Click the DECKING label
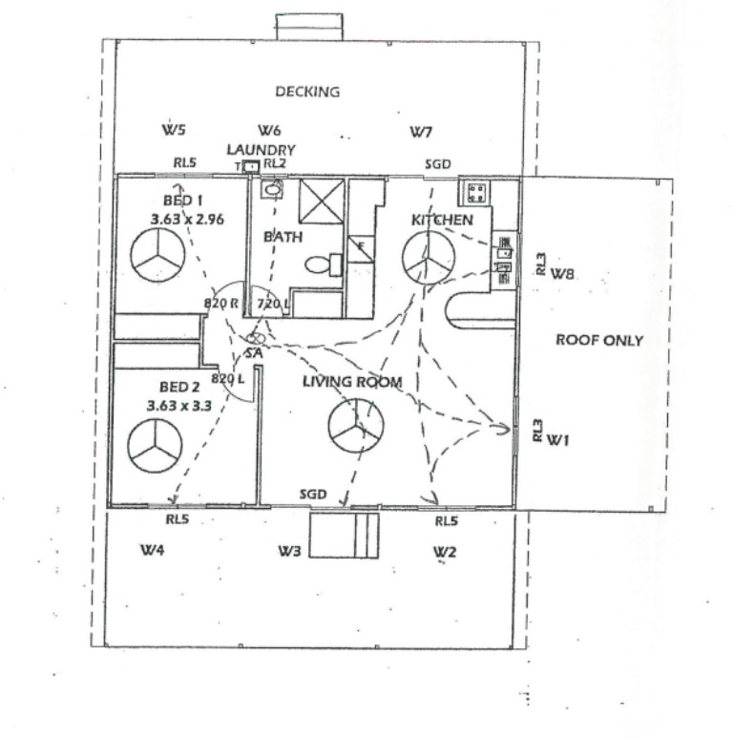point(307,92)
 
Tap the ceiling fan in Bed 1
point(157,255)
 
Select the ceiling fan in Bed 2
point(155,446)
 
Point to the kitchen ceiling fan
point(429,258)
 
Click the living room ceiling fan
point(356,425)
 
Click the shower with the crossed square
point(322,201)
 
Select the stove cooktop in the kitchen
point(476,193)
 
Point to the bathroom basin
point(272,190)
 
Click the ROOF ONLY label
point(599,340)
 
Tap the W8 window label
point(563,273)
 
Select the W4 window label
point(153,550)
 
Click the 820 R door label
point(220,303)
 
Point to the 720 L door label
point(273,304)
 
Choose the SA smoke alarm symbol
point(256,338)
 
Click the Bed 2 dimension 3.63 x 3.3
point(179,406)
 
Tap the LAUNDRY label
point(261,150)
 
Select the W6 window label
point(269,130)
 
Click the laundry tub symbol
point(251,166)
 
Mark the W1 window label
point(558,440)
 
